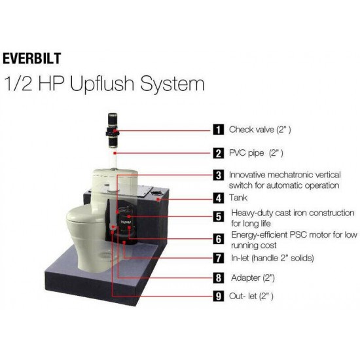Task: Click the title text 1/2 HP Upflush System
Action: (104, 84)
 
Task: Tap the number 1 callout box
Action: (218, 130)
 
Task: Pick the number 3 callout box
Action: (218, 175)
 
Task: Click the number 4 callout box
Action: (218, 197)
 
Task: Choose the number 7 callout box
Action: (218, 258)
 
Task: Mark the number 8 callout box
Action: (218, 278)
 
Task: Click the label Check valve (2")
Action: (260, 130)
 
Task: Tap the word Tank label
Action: (239, 197)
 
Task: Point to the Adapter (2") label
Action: (251, 278)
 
